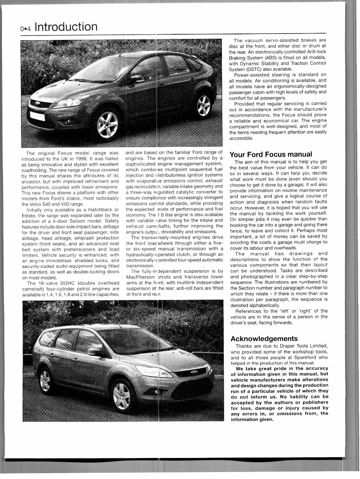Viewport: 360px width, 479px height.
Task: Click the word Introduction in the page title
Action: pyautogui.click(x=66, y=27)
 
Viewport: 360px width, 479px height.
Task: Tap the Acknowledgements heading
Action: pyautogui.click(x=264, y=339)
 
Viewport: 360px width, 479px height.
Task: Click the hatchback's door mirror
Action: pyautogui.click(x=137, y=78)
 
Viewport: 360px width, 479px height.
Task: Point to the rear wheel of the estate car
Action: pyautogui.click(x=45, y=378)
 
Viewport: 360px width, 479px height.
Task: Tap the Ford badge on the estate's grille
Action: pyautogui.click(x=194, y=372)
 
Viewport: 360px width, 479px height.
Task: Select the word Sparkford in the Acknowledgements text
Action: pyautogui.click(x=308, y=357)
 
